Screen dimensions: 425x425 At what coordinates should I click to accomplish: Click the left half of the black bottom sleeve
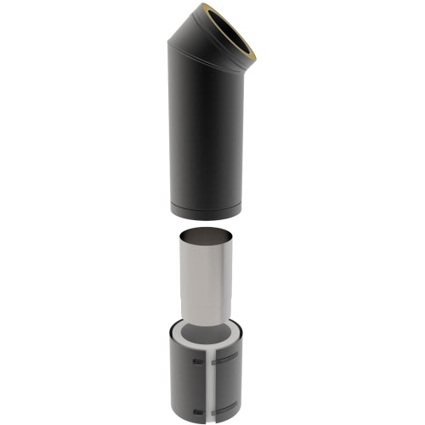pyautogui.click(x=185, y=382)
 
